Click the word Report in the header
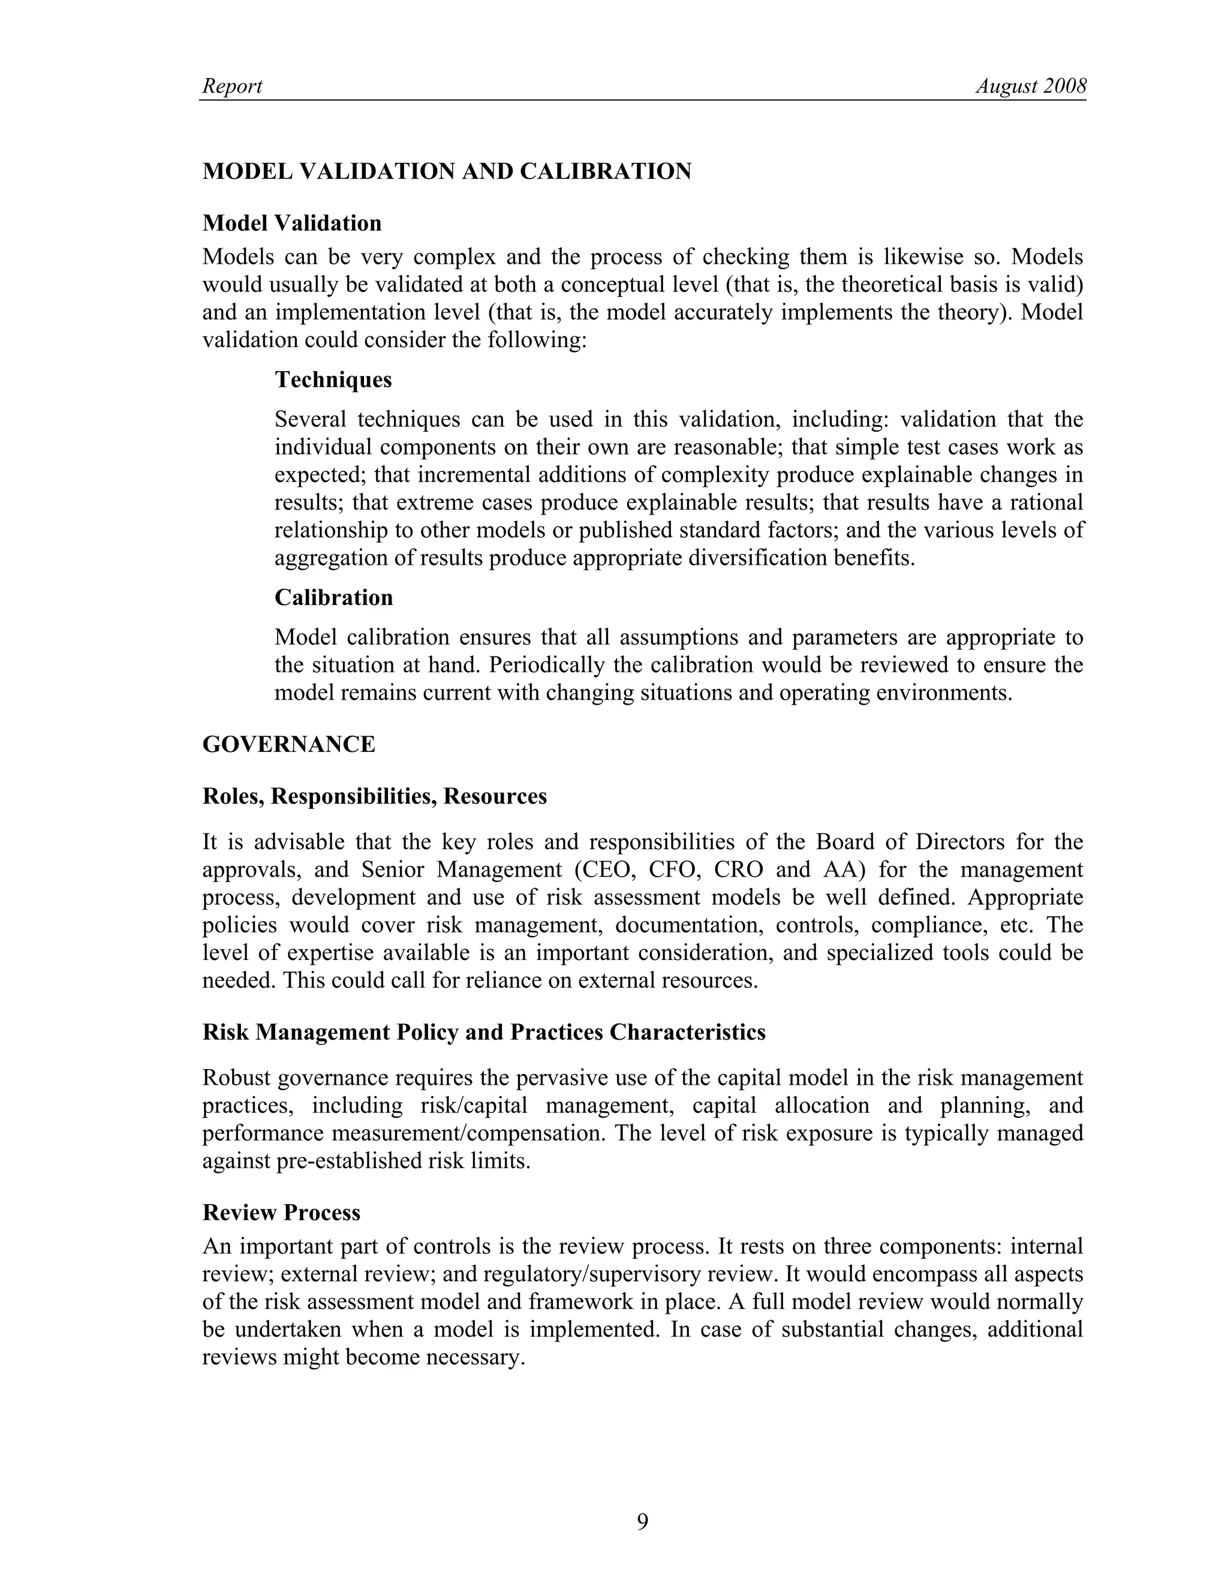pyautogui.click(x=231, y=86)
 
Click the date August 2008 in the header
pyautogui.click(x=1030, y=86)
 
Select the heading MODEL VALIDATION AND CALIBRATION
pyautogui.click(x=447, y=171)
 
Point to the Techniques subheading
pyautogui.click(x=333, y=380)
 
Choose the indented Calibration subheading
pyautogui.click(x=333, y=597)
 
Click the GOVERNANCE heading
pyautogui.click(x=289, y=744)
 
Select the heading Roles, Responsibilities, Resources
pyautogui.click(x=374, y=797)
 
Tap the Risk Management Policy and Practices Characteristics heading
pyautogui.click(x=484, y=1033)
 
